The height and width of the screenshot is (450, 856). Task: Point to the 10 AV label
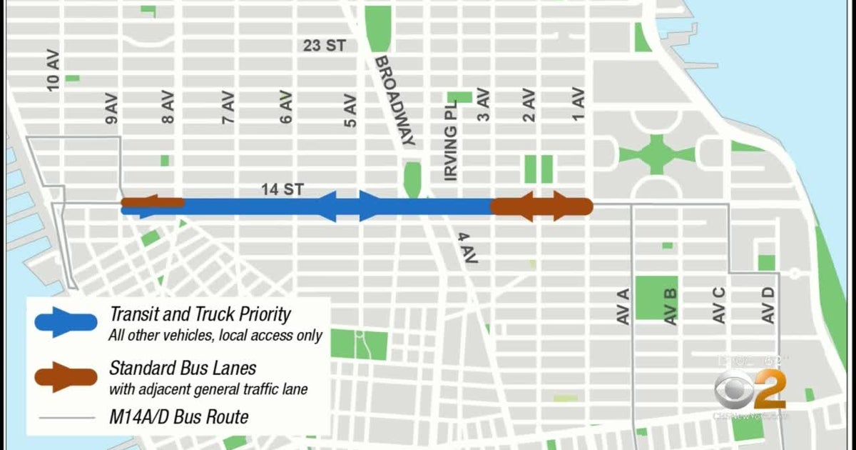coord(53,73)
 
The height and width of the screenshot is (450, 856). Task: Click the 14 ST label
coord(283,190)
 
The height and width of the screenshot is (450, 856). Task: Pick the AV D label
coord(768,304)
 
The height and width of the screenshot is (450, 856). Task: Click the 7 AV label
coord(228,108)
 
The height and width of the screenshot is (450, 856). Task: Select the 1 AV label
coord(578,104)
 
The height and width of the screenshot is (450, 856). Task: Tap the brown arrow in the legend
coord(65,376)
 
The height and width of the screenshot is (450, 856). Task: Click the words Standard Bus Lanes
coord(183,369)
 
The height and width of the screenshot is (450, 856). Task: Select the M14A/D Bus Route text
coord(179,417)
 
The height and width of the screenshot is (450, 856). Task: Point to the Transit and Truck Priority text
coord(200,314)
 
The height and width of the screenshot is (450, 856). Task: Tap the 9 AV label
coord(112,108)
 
